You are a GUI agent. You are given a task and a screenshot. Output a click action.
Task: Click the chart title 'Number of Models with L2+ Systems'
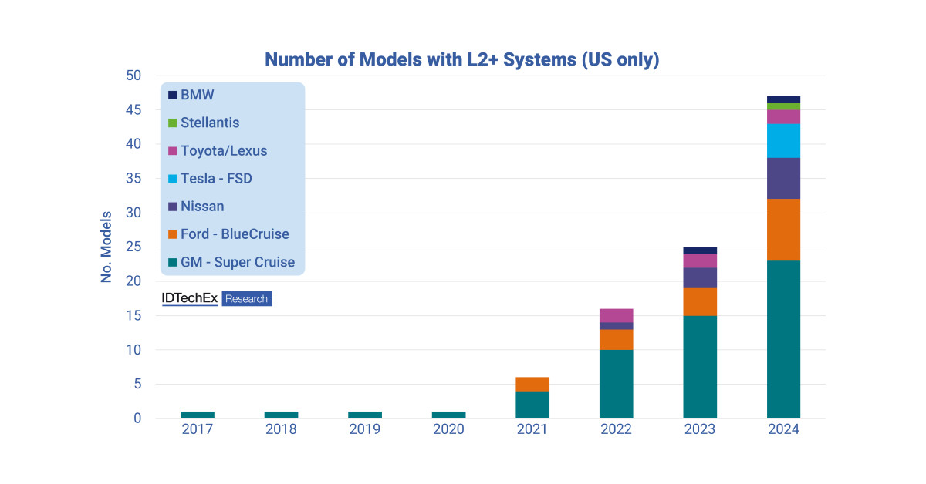[x=461, y=60]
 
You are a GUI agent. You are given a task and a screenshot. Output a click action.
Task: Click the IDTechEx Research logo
[x=216, y=298]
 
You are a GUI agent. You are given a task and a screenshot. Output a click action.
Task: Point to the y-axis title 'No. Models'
[x=106, y=247]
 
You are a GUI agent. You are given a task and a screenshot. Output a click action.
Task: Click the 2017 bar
[x=198, y=415]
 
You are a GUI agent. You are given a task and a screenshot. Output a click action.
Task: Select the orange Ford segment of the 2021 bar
[x=532, y=384]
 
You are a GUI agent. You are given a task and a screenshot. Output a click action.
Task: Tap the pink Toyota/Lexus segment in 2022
[x=616, y=315]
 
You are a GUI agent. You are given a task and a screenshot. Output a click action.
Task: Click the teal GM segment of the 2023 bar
[x=700, y=367]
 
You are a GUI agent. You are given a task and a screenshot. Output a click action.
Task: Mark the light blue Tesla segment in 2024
[x=783, y=140]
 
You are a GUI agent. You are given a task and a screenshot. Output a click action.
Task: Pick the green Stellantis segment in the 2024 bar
[x=783, y=106]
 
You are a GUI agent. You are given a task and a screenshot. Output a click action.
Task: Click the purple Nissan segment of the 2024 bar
[x=783, y=178]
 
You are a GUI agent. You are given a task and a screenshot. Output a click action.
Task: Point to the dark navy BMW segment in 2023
[x=700, y=250]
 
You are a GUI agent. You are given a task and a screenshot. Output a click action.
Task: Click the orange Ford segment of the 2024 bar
[x=783, y=230]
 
